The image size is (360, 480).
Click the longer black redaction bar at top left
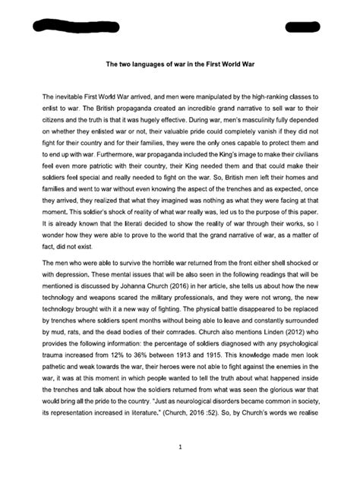coord(70,27)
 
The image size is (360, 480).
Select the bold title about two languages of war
coord(180,65)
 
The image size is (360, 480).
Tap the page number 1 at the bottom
coord(180,426)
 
